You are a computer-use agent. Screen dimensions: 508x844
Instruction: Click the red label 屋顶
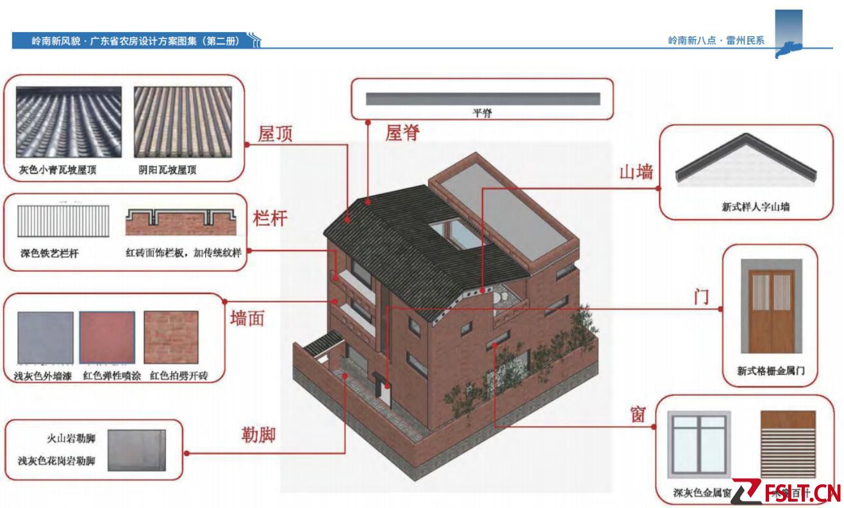point(275,134)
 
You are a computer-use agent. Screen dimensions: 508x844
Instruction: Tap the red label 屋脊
point(402,133)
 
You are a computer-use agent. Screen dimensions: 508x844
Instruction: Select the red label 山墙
point(636,172)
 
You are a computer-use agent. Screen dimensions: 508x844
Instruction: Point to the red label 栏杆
point(270,218)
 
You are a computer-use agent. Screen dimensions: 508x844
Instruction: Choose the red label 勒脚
point(258,436)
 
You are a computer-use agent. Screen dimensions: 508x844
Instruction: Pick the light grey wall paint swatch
point(46,338)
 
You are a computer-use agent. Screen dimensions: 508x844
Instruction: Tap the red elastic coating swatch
point(107,338)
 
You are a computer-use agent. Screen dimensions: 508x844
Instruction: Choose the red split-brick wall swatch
point(170,338)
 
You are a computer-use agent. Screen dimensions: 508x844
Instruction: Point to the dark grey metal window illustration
point(699,445)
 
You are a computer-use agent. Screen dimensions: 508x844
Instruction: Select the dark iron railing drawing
point(63,222)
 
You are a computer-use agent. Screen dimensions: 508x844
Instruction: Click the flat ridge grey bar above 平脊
point(482,99)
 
